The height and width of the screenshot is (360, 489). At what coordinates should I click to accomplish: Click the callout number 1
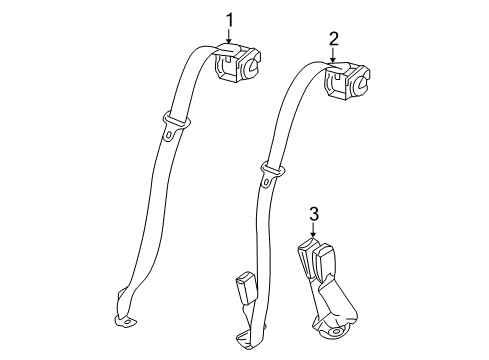coord(228,19)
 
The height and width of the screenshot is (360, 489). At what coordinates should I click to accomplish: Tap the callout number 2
coord(334,39)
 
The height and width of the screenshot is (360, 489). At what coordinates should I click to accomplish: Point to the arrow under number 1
coord(228,37)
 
